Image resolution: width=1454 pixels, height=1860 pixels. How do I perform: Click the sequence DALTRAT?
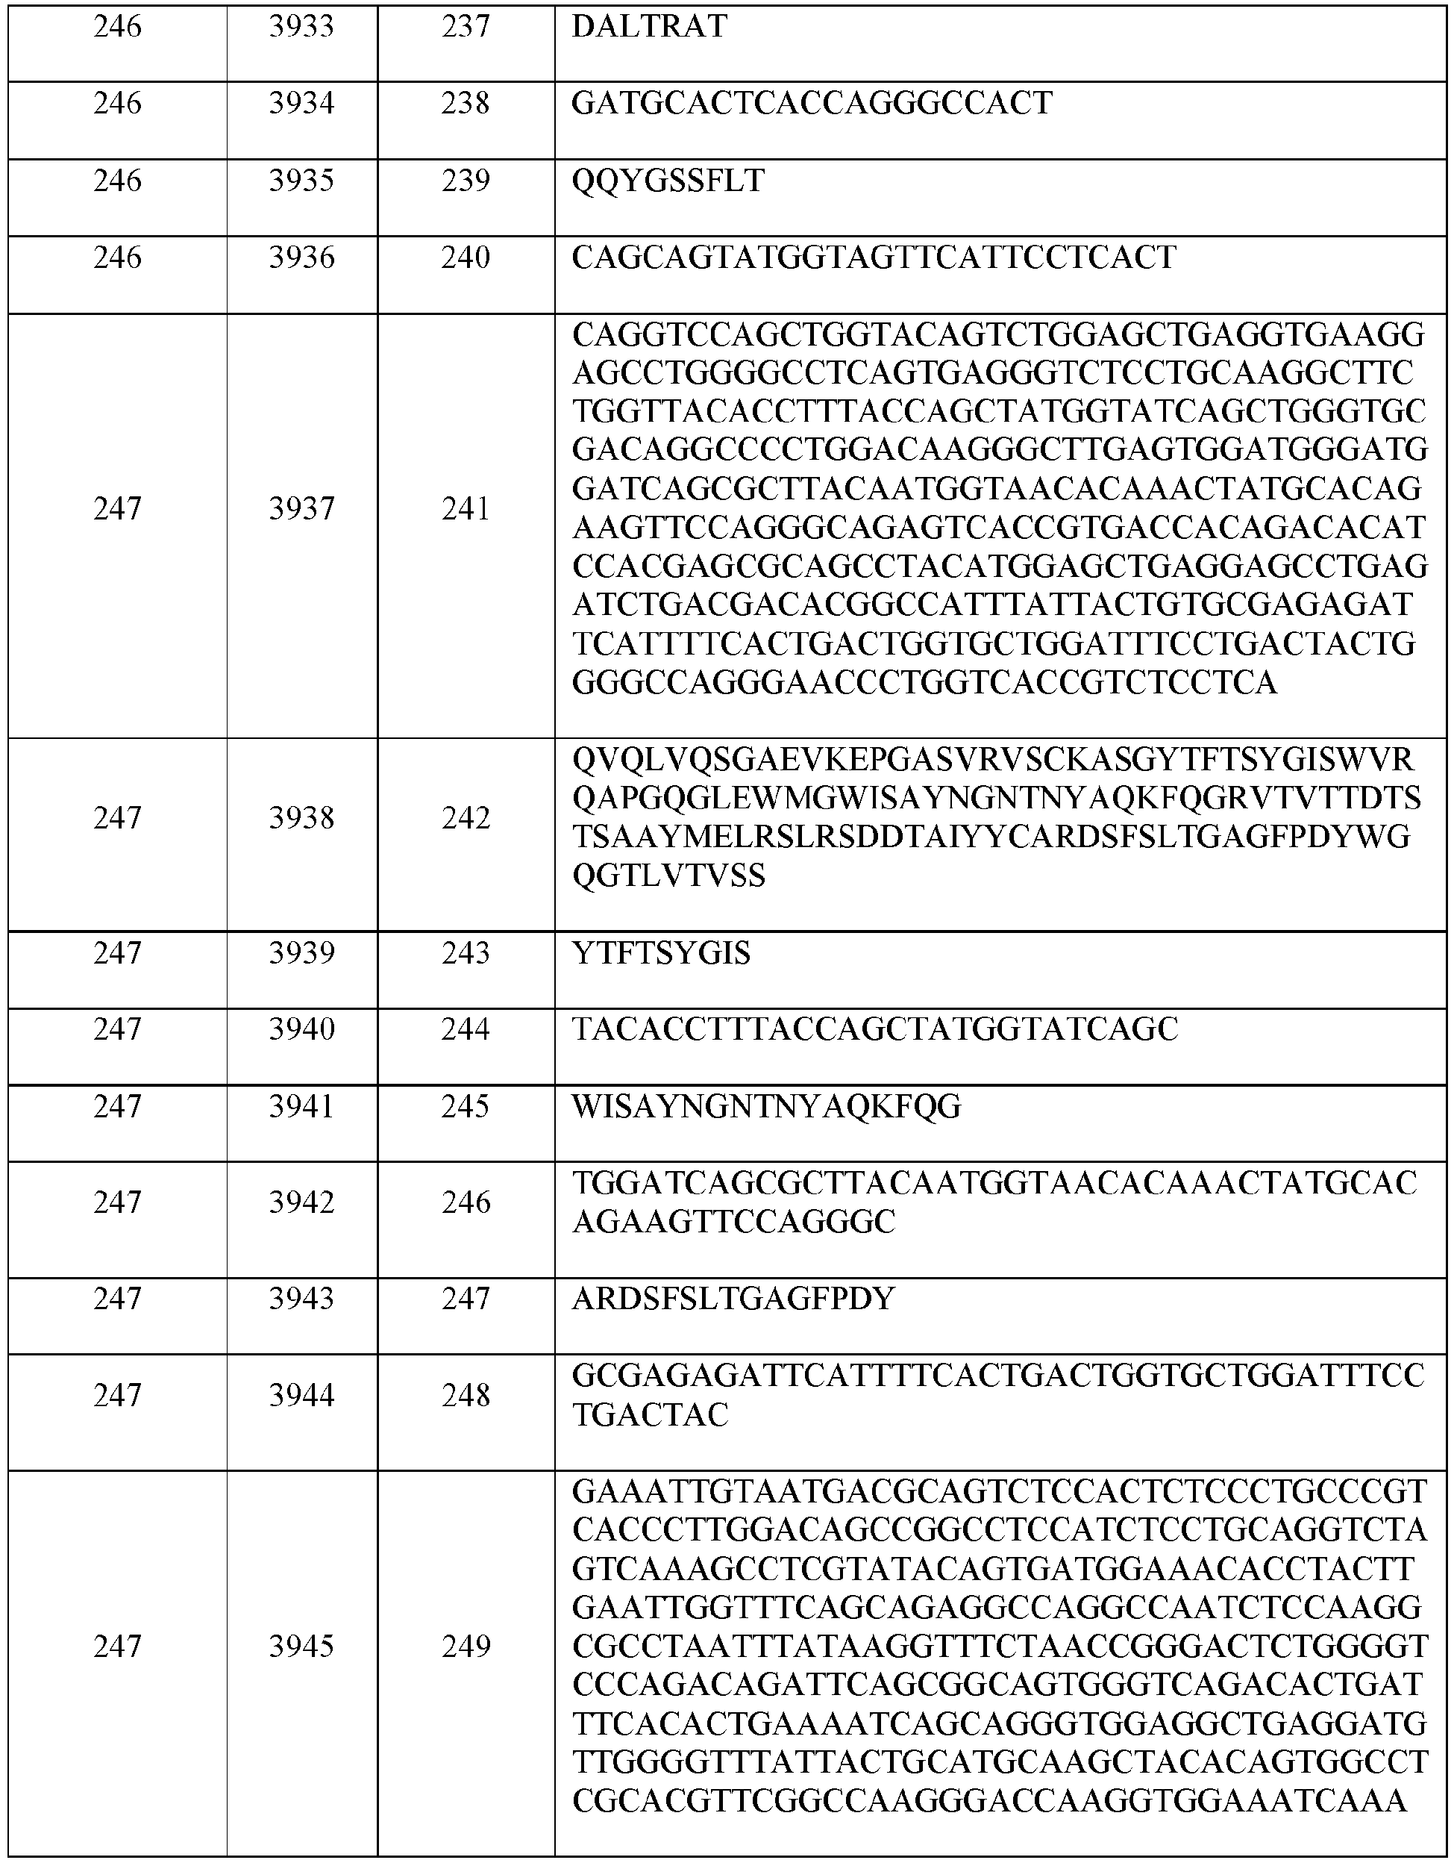click(649, 28)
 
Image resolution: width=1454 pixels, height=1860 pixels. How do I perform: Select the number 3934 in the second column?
click(301, 104)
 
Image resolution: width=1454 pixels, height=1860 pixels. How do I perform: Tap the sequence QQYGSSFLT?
click(668, 181)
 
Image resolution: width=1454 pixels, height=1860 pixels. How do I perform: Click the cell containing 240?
click(466, 258)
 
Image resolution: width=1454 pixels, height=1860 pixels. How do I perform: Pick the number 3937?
click(301, 509)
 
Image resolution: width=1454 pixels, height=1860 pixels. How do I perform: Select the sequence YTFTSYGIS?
click(662, 954)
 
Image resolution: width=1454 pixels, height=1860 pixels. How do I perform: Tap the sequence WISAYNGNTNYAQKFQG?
click(766, 1107)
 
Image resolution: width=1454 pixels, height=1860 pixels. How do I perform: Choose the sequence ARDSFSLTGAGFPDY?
click(734, 1299)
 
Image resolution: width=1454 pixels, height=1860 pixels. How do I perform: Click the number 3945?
click(301, 1647)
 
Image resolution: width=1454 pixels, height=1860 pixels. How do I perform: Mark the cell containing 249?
click(466, 1647)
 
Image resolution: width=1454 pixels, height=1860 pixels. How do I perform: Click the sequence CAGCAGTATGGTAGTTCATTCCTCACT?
click(874, 258)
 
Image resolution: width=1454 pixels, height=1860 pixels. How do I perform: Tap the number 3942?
click(301, 1202)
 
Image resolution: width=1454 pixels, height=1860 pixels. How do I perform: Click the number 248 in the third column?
click(466, 1396)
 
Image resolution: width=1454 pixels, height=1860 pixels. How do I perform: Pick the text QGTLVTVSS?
click(669, 876)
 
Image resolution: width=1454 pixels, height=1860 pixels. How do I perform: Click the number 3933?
click(301, 28)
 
